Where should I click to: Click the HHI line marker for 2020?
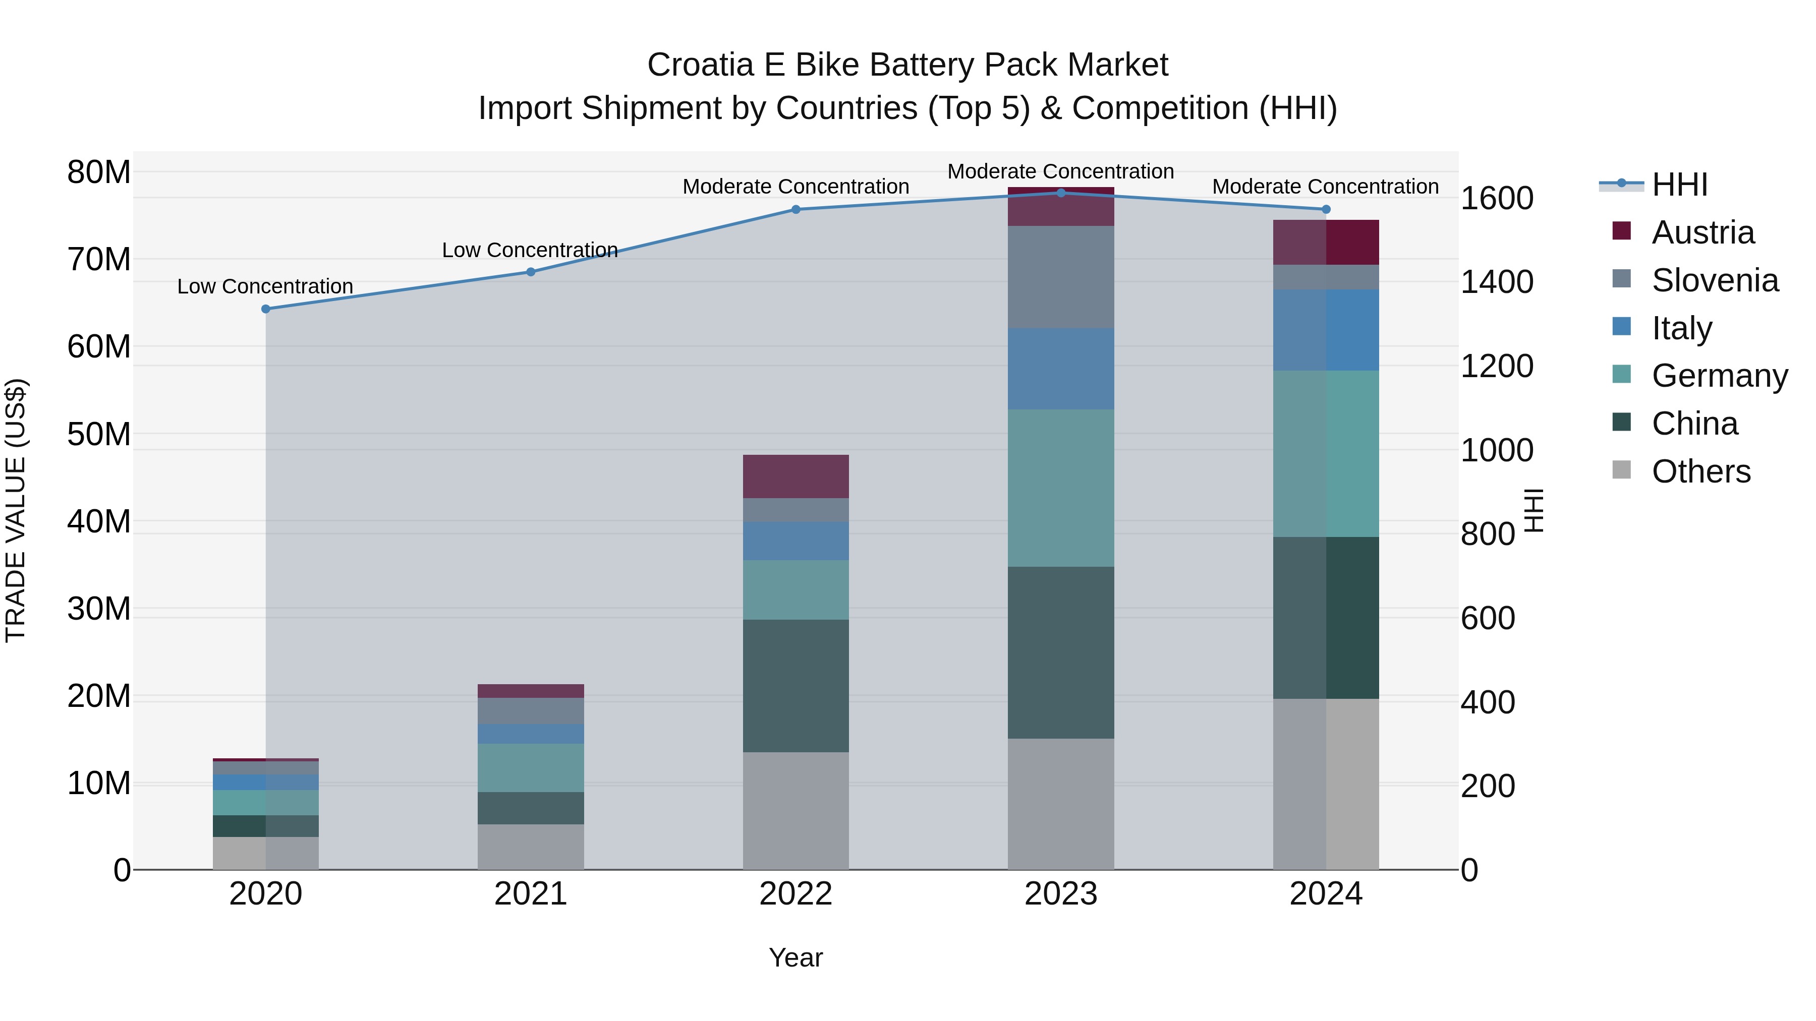tap(266, 309)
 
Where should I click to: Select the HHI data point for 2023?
tap(1060, 193)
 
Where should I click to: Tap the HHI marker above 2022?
tap(796, 209)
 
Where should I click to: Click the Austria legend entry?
tap(1702, 232)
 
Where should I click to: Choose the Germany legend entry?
tap(1719, 376)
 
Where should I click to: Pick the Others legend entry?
tap(1700, 471)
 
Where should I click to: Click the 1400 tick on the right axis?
tap(1496, 282)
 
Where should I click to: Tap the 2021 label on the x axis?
tap(530, 894)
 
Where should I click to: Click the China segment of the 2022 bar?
tap(796, 686)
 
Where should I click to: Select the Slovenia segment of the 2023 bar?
tap(1060, 277)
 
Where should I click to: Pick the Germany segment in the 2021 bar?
tap(530, 767)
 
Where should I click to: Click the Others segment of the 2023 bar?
tap(1060, 803)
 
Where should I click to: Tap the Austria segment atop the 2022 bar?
tap(796, 476)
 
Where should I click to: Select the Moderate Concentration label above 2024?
tap(1325, 187)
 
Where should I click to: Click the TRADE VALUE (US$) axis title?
tap(16, 510)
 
